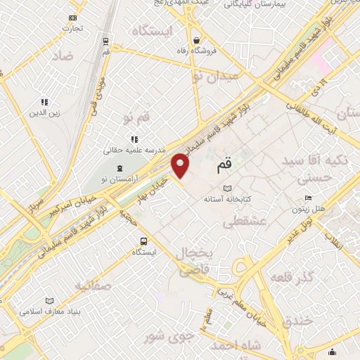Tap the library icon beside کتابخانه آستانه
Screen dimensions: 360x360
point(226,188)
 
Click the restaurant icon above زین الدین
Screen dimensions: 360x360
point(44,102)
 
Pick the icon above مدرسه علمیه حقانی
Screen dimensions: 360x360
point(134,139)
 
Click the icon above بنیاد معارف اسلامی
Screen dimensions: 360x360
point(49,301)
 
